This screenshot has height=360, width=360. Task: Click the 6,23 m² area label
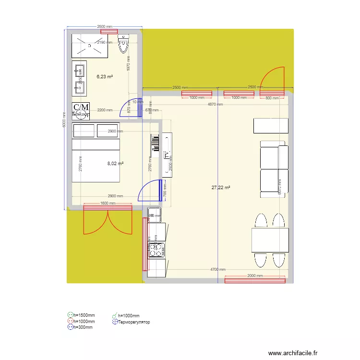point(105,76)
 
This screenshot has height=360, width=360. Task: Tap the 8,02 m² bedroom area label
point(115,163)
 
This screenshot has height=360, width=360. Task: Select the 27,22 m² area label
point(221,188)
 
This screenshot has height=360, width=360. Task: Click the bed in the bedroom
point(96,153)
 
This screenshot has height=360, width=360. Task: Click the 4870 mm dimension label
point(215,104)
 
